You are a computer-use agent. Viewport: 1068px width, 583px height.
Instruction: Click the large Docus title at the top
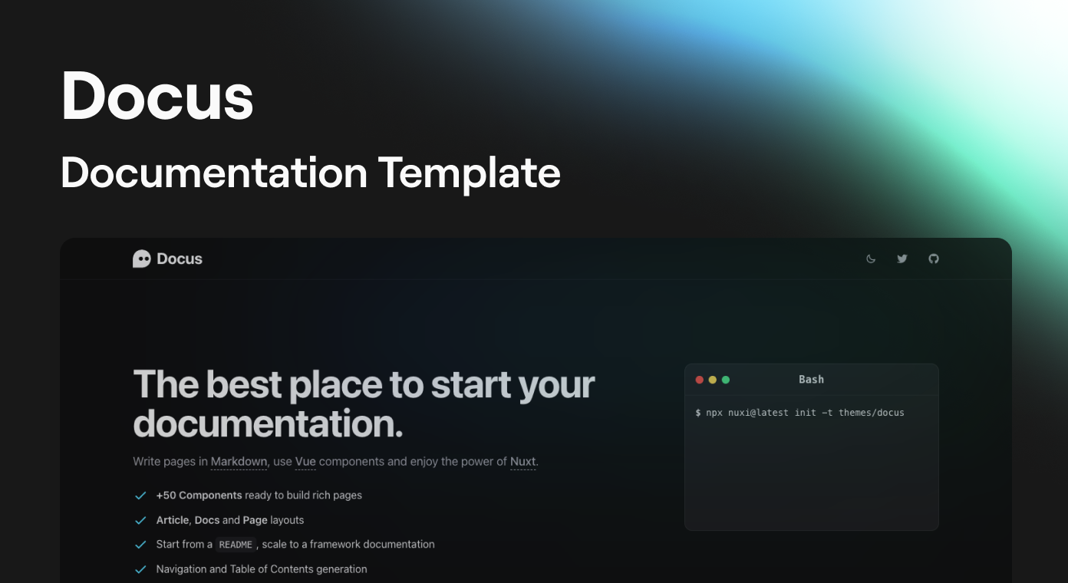157,96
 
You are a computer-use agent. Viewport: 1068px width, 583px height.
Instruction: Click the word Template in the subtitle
469,173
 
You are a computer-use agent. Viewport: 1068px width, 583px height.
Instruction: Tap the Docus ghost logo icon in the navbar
142,259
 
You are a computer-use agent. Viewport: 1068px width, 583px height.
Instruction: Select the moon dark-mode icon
871,259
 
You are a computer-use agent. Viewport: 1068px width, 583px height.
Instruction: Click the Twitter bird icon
902,259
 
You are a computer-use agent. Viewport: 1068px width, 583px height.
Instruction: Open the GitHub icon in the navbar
934,259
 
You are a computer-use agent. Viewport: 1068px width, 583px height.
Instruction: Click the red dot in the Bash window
700,380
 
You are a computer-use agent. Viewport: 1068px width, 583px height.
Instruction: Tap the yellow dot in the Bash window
712,380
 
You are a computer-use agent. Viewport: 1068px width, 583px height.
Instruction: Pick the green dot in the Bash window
726,380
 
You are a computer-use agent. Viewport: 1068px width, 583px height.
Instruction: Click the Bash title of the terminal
811,380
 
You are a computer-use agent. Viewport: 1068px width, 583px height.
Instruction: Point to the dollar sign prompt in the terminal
698,413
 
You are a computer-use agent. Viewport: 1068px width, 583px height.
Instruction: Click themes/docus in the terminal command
871,413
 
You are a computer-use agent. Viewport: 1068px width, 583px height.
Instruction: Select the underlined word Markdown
239,462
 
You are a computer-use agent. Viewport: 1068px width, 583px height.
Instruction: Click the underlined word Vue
305,462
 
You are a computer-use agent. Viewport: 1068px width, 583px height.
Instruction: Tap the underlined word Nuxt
523,462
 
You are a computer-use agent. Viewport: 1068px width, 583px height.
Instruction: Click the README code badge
236,545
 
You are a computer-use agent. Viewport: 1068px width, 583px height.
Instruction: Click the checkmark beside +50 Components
140,496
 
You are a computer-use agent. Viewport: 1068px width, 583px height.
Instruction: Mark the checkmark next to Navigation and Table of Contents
140,570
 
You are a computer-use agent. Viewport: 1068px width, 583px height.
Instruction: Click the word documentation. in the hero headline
268,423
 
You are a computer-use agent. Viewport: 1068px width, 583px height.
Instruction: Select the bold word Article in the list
173,520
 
